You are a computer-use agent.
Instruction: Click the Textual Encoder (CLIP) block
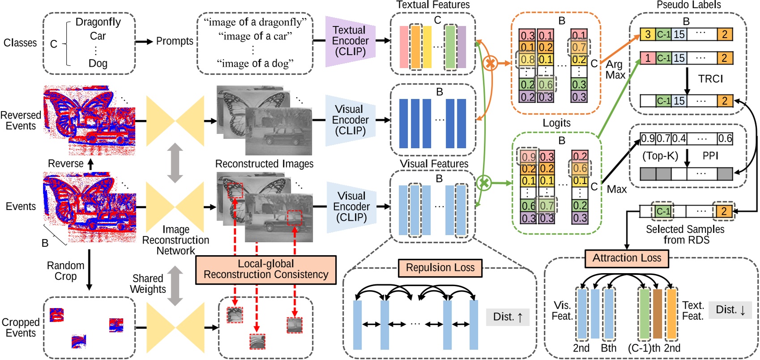(x=350, y=41)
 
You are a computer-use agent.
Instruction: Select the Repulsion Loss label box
(x=440, y=268)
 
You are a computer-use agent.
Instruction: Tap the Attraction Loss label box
(x=627, y=258)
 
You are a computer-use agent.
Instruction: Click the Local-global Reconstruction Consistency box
(x=266, y=270)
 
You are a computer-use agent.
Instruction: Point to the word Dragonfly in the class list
(x=98, y=22)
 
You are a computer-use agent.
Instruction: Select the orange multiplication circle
(x=491, y=63)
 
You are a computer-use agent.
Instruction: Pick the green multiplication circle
(x=484, y=183)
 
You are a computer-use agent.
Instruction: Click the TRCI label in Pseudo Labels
(x=710, y=79)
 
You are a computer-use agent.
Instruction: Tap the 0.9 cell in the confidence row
(x=648, y=138)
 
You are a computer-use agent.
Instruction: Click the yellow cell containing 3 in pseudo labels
(x=648, y=34)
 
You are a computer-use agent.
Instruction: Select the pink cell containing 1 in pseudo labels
(x=648, y=58)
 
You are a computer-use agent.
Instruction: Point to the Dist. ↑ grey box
(x=508, y=317)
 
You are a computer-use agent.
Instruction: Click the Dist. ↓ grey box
(x=730, y=310)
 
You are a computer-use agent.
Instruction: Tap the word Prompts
(x=175, y=41)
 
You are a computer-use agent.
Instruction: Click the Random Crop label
(x=65, y=271)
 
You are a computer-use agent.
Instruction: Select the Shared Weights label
(x=148, y=284)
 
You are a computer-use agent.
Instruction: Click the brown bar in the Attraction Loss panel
(x=657, y=313)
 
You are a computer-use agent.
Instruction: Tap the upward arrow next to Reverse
(x=90, y=164)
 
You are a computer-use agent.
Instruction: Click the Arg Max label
(x=615, y=69)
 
